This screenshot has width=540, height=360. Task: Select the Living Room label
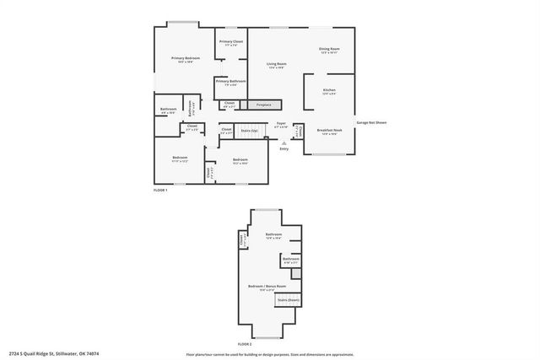coord(276,65)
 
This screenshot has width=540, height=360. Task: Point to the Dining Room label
coord(329,50)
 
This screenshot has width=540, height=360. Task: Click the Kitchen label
coord(329,91)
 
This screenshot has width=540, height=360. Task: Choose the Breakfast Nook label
coord(329,132)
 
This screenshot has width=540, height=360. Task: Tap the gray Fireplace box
coord(257,105)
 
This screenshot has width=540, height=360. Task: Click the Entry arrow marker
coord(283,142)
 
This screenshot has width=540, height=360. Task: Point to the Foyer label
coord(281,125)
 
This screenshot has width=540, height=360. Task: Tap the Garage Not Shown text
coord(370,123)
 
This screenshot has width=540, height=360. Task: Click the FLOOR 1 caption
coord(160,191)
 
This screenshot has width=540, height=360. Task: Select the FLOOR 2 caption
coord(245,344)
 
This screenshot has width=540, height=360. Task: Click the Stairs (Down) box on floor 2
coord(288,300)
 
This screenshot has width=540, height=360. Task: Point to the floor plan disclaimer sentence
coord(270,354)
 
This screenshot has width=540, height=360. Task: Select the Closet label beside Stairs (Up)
coord(226,131)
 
